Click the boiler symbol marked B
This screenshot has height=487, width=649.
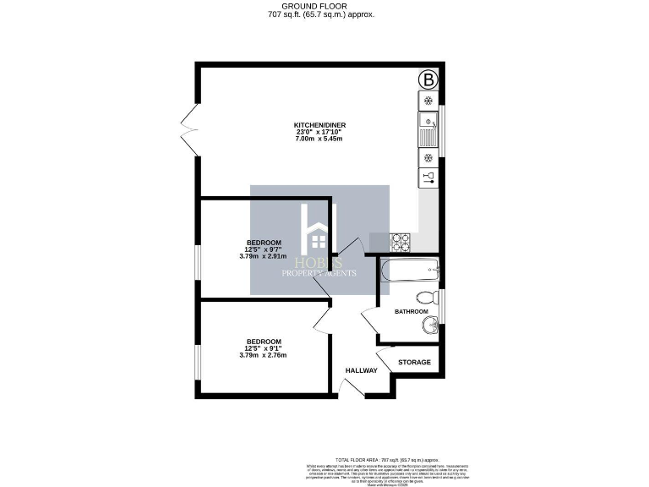pos(429,80)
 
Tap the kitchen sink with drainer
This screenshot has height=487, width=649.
pos(428,129)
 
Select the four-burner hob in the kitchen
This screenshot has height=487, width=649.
pos(400,242)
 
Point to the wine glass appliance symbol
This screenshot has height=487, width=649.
pos(428,178)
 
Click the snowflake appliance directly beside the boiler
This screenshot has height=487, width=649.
pos(428,101)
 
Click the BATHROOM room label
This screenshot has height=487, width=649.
pos(412,312)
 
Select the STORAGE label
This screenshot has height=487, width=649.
pos(414,363)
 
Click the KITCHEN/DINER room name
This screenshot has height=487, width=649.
pos(320,125)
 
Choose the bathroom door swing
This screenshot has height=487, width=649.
pos(369,319)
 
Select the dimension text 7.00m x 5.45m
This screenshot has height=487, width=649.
pos(320,140)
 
